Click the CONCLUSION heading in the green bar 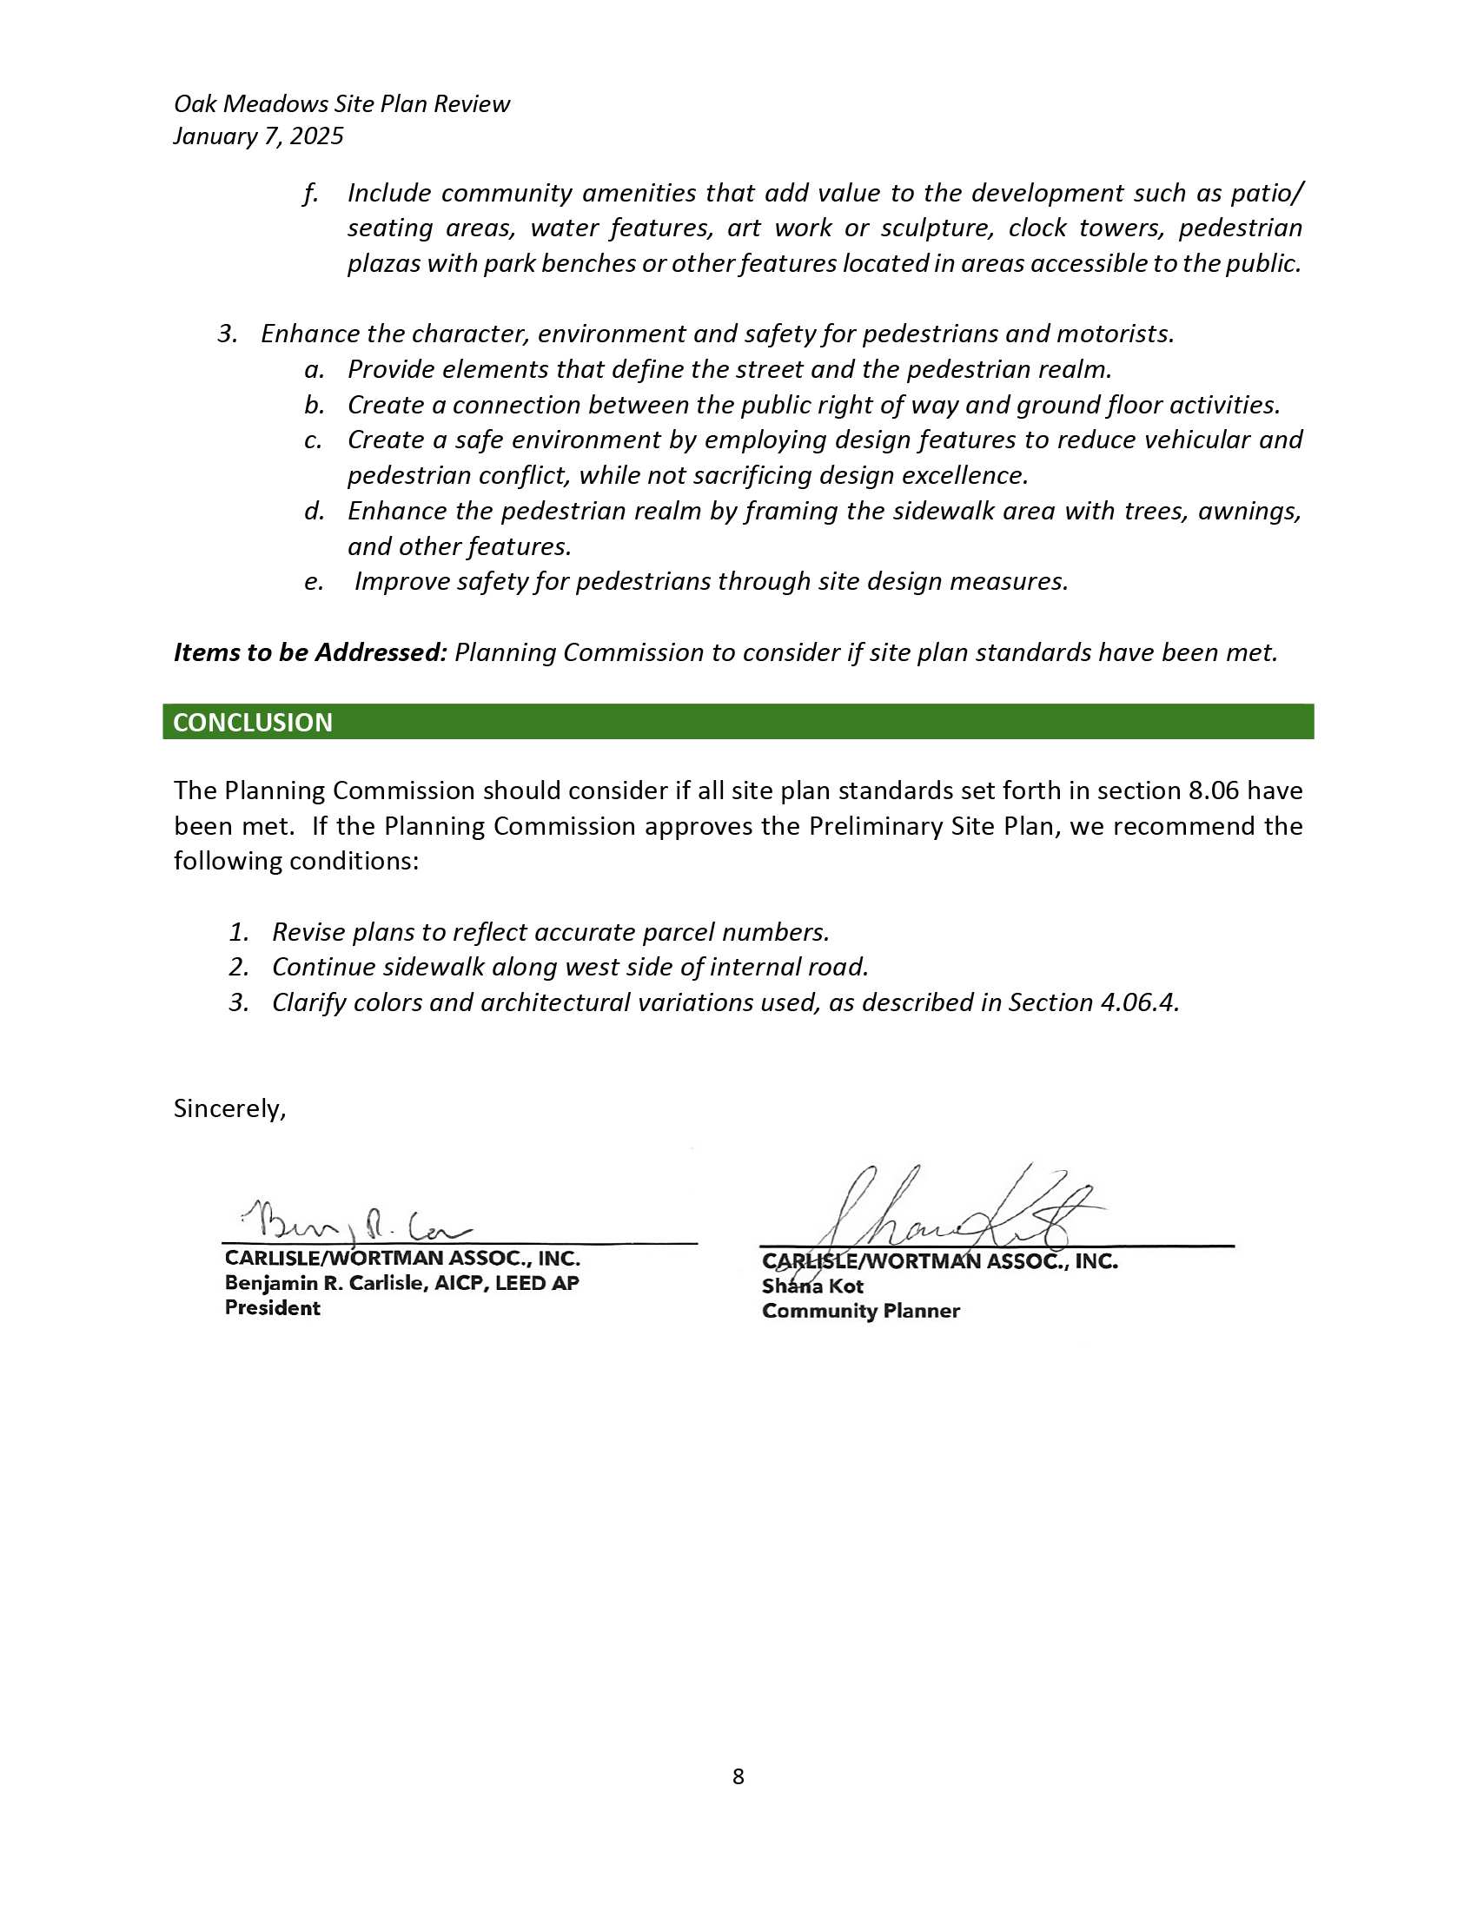point(253,722)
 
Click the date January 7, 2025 point(258,136)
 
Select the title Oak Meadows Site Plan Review point(341,104)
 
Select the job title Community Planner point(860,1311)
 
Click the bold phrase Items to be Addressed point(310,652)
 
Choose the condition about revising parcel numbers point(549,932)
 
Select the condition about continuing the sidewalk point(570,967)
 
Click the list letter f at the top point(310,194)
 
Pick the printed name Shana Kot point(812,1286)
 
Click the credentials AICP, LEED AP point(500,1283)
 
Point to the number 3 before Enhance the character point(226,334)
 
